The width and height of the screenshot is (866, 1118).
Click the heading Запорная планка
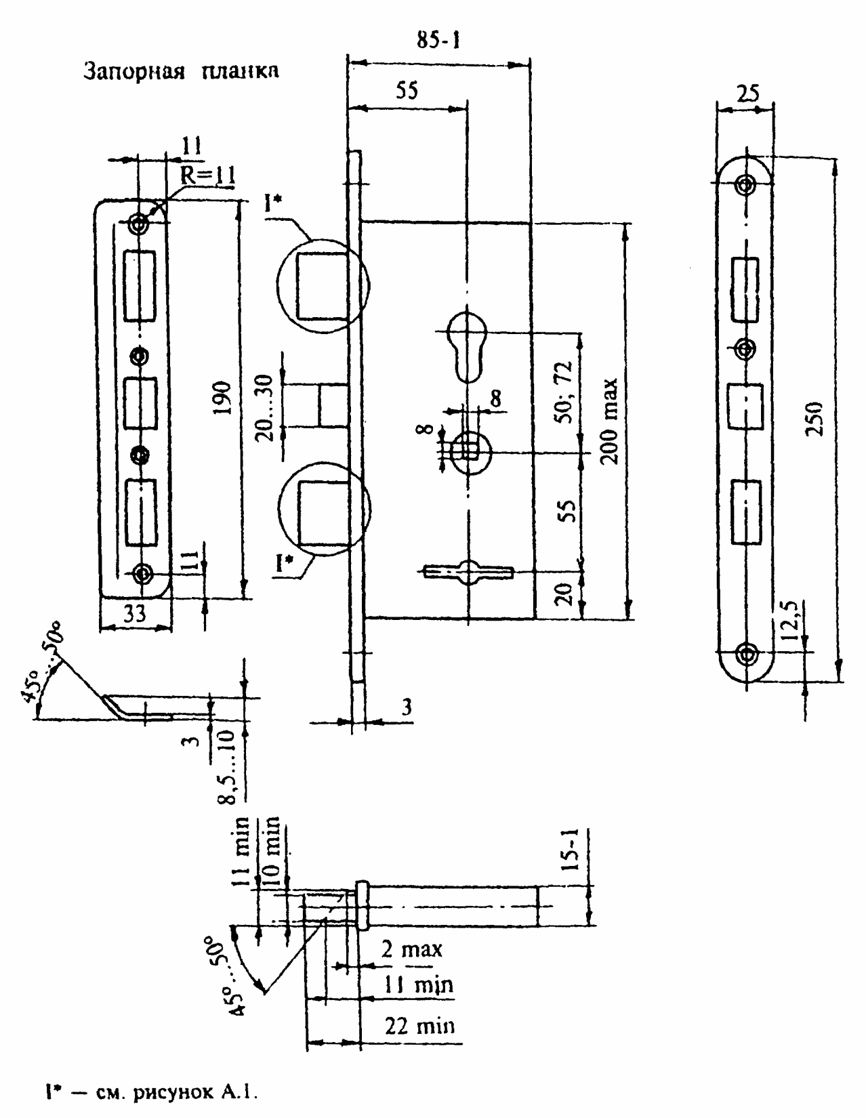click(x=181, y=71)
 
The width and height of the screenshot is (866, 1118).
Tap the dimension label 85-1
click(x=438, y=39)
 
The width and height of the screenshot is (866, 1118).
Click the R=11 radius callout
click(x=209, y=176)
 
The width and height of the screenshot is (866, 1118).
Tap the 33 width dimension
click(x=134, y=613)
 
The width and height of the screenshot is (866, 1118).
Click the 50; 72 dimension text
click(x=564, y=392)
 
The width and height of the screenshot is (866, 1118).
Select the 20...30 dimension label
click(x=264, y=408)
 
